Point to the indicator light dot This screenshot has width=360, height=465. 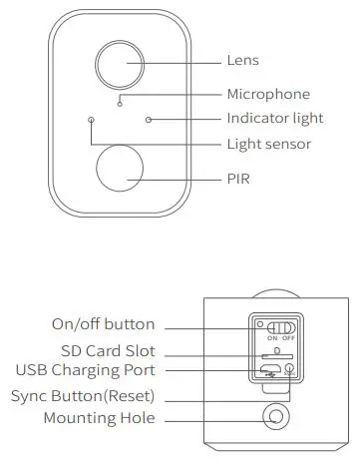click(149, 120)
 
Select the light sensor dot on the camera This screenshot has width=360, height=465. click(91, 120)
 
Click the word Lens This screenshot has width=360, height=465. click(242, 60)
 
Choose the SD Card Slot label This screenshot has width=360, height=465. click(102, 352)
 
